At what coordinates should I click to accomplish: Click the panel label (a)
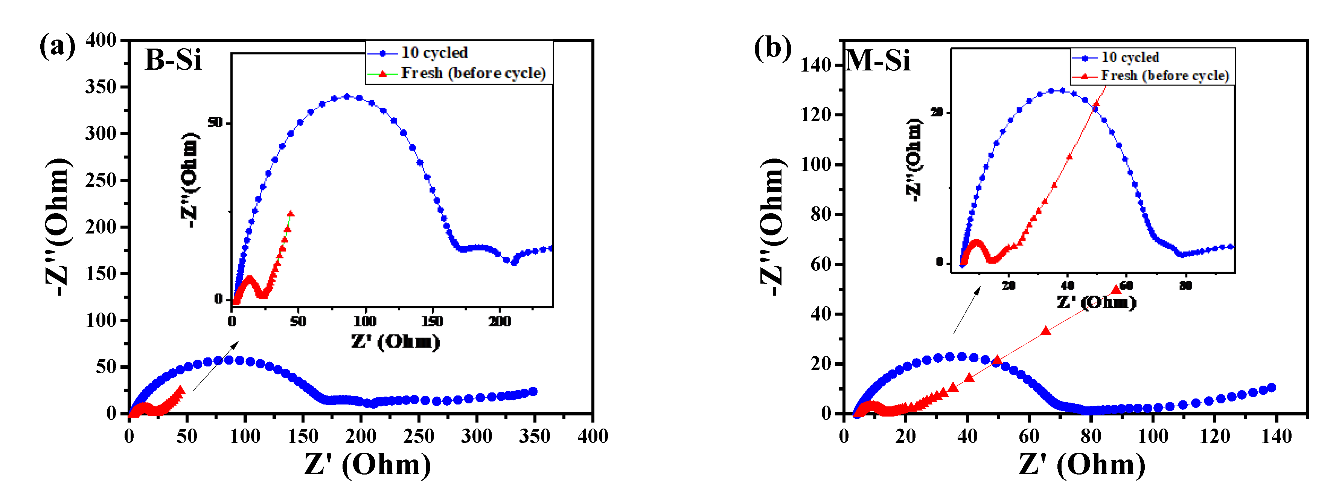coord(57,46)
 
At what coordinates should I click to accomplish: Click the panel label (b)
coord(772,48)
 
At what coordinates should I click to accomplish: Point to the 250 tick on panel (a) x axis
coord(419,436)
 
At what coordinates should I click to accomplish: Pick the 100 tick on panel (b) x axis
coord(1152,436)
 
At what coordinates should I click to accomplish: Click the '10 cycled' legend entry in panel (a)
coord(434,52)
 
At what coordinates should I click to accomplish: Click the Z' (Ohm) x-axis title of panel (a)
coord(367,464)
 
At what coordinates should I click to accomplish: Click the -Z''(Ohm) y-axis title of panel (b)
coord(772,226)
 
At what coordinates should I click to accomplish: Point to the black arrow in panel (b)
coord(966,310)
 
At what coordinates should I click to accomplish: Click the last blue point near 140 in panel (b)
coord(1271,388)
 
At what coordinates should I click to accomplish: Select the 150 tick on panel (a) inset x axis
coord(432,321)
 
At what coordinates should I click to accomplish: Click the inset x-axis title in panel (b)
coord(1096,302)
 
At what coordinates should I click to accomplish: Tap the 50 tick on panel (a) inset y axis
coord(215,122)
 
